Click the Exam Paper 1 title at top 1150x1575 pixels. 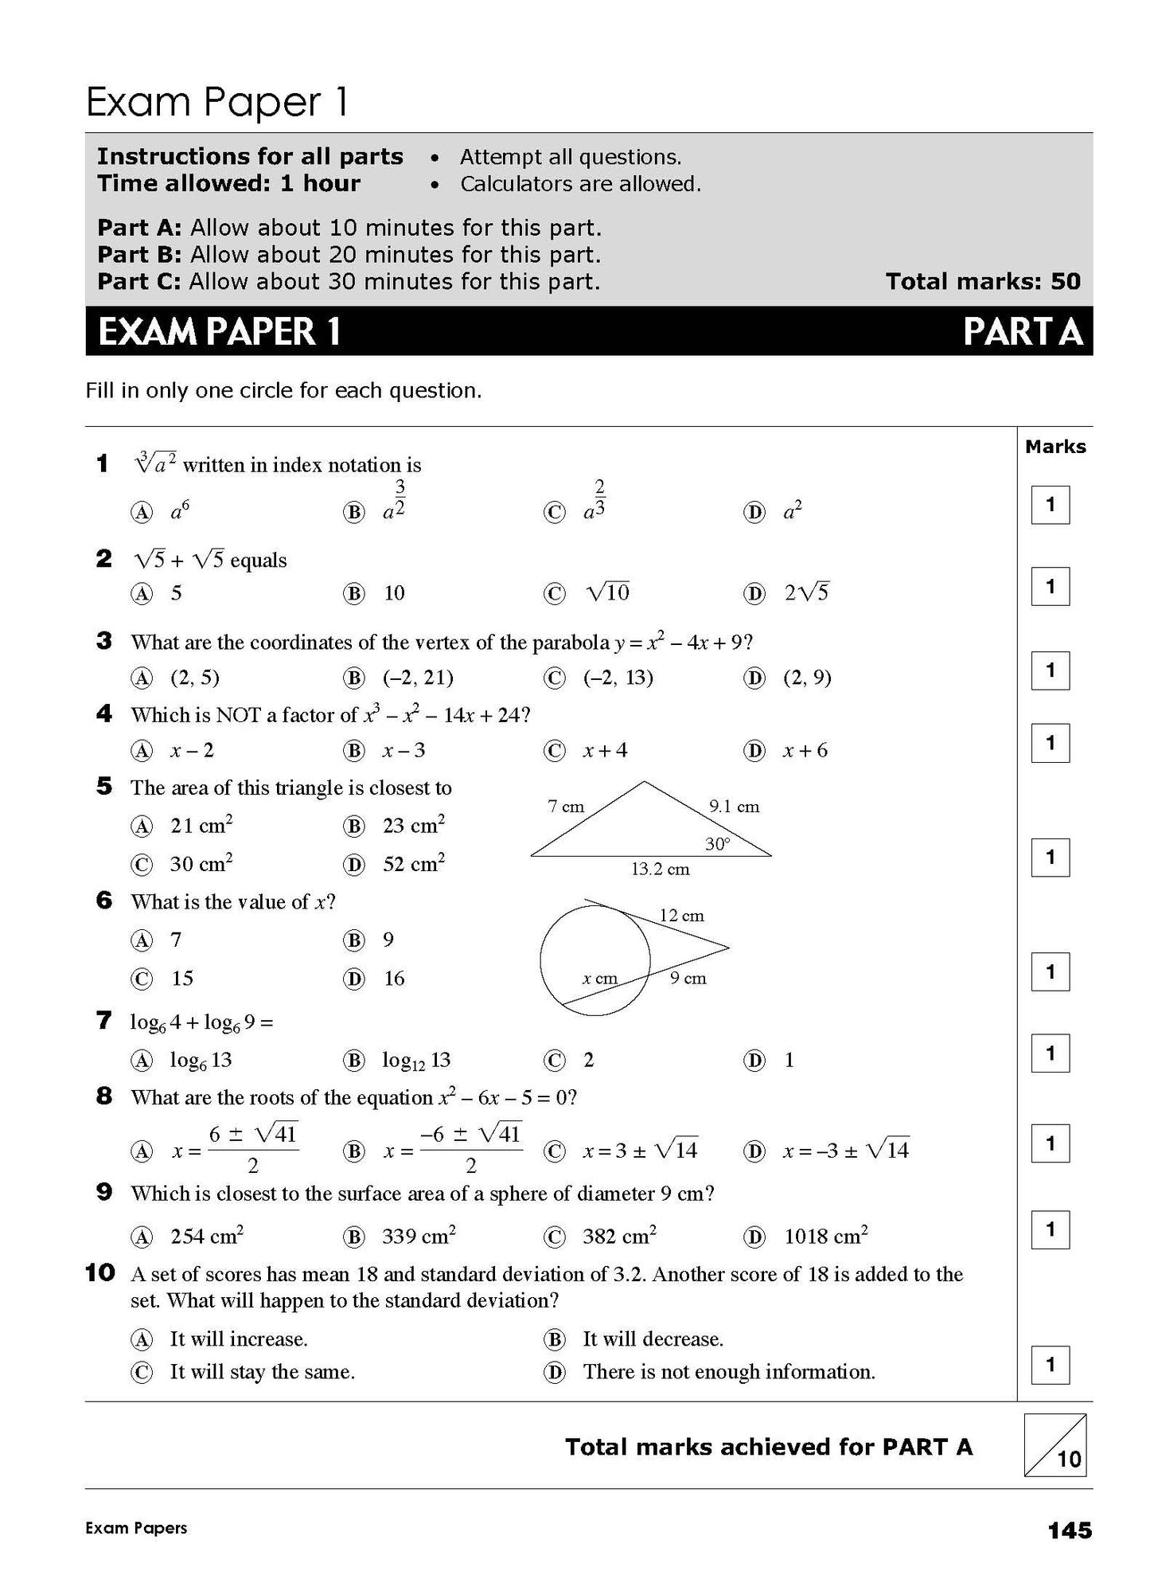(x=216, y=103)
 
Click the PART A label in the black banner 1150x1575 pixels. (x=1022, y=332)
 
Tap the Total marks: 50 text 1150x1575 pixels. (x=983, y=281)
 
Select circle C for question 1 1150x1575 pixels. (x=554, y=513)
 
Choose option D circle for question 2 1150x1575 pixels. (x=754, y=593)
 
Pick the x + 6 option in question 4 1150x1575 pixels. (x=805, y=750)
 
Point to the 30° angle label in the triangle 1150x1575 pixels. (x=717, y=843)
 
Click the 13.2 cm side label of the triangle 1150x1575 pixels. (x=660, y=869)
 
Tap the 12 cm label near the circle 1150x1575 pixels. (x=681, y=916)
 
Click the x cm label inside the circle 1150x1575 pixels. (x=599, y=979)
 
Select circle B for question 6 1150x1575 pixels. (x=353, y=940)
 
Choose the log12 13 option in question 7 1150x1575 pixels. (x=416, y=1060)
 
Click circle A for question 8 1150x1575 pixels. (x=142, y=1151)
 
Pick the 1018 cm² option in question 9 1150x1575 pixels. (x=825, y=1237)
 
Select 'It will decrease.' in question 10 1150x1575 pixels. (x=653, y=1339)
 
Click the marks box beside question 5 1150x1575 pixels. (x=1050, y=858)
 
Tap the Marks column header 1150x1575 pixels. (x=1055, y=447)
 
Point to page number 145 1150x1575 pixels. (x=1070, y=1530)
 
